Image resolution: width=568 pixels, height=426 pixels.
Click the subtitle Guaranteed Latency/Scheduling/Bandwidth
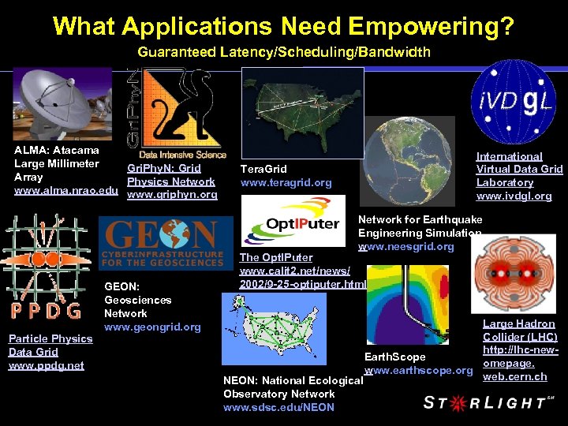tap(284, 53)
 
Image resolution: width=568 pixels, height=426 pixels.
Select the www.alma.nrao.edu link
tap(66, 191)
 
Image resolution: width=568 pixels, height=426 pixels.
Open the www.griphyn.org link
tap(171, 195)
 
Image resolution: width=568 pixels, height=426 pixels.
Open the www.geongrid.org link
tap(152, 327)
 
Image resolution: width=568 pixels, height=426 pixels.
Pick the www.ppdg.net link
tap(46, 366)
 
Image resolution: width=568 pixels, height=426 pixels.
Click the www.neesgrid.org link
tap(405, 247)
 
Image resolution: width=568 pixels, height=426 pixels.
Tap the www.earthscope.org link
tap(418, 370)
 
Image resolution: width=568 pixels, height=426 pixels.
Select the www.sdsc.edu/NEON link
tap(278, 407)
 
